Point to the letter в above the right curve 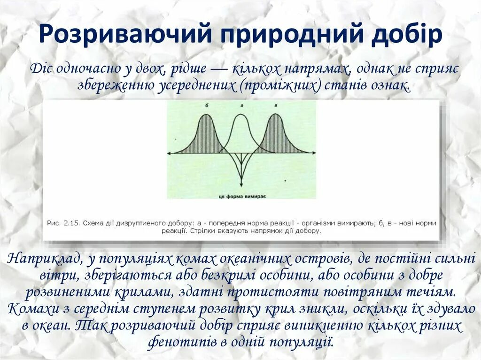pos(276,106)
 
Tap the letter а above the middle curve pos(241,106)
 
